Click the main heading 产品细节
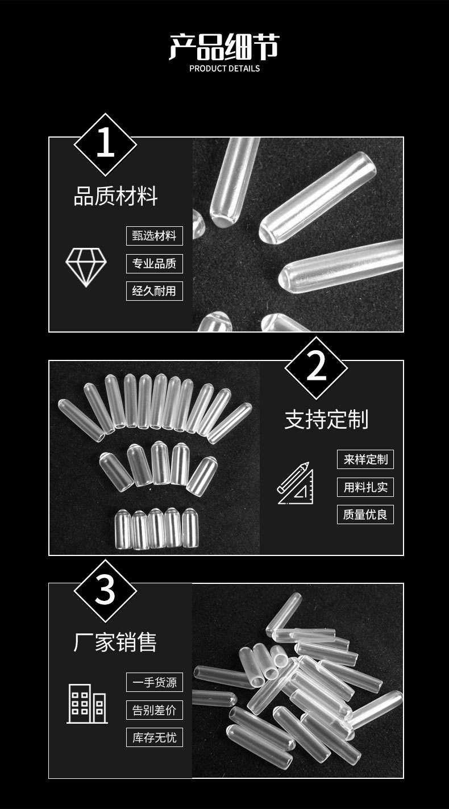coord(224,47)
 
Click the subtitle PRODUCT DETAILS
coord(224,68)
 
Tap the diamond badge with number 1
coord(105,144)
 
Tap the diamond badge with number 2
coord(316,368)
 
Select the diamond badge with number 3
coord(105,591)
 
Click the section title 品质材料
coord(115,197)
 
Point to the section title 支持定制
coord(326,420)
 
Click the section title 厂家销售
coord(115,642)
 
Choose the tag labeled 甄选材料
coord(154,235)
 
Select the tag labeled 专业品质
coord(154,263)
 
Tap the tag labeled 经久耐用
coord(154,291)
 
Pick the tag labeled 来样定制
coord(365,459)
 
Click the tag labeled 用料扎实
coord(365,487)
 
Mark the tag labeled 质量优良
coord(365,515)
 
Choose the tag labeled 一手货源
coord(154,682)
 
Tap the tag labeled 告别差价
coord(154,710)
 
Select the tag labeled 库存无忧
coord(154,737)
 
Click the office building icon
coord(87,703)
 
